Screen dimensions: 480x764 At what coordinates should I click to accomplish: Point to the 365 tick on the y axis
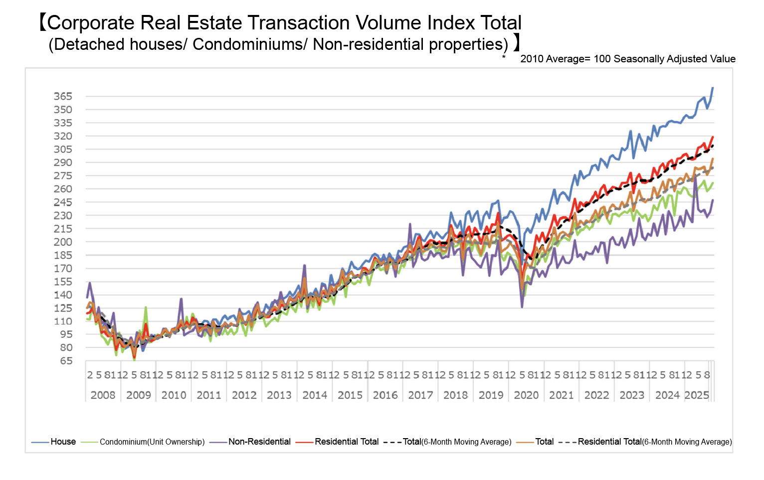(x=63, y=96)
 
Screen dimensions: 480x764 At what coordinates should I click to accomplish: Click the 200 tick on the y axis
(x=63, y=242)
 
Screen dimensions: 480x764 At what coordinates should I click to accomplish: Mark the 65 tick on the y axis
(x=66, y=361)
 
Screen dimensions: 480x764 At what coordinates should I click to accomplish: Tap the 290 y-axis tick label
(x=63, y=162)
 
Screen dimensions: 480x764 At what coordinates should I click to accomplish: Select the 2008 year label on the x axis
(x=103, y=395)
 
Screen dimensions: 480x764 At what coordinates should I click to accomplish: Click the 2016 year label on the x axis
(x=385, y=395)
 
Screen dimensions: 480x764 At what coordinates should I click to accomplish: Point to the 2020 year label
(x=526, y=395)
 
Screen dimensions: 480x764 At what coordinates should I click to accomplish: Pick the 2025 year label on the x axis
(x=697, y=395)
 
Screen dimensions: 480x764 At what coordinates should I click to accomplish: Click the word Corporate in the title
(x=91, y=23)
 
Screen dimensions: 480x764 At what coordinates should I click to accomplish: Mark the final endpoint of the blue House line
(x=713, y=88)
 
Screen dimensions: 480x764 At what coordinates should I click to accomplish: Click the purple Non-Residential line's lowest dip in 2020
(x=522, y=307)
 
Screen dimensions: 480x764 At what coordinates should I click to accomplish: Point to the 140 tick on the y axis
(x=63, y=295)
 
